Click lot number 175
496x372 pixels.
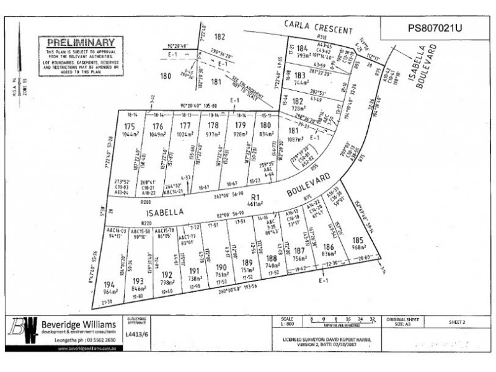(130, 126)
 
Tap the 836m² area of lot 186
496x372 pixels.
(329, 252)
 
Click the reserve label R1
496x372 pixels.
(254, 198)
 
